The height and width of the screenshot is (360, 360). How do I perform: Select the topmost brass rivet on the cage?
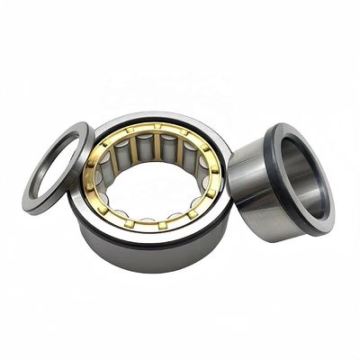pyautogui.click(x=156, y=127)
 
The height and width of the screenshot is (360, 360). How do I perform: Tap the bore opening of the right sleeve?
pyautogui.click(x=306, y=175)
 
